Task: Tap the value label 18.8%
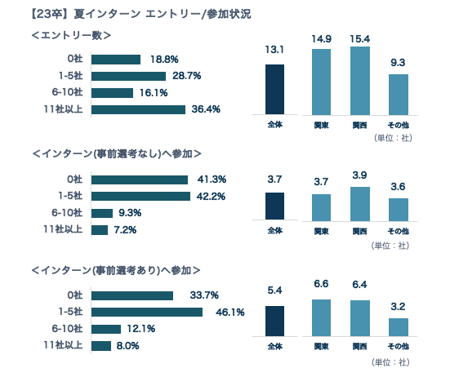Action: point(164,59)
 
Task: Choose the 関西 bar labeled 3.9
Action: point(359,203)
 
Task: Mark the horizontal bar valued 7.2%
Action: point(100,229)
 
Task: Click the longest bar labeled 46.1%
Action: point(147,312)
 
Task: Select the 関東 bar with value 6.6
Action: point(322,317)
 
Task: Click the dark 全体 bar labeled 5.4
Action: point(275,321)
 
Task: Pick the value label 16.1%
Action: point(154,92)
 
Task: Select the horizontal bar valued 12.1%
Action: point(106,329)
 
